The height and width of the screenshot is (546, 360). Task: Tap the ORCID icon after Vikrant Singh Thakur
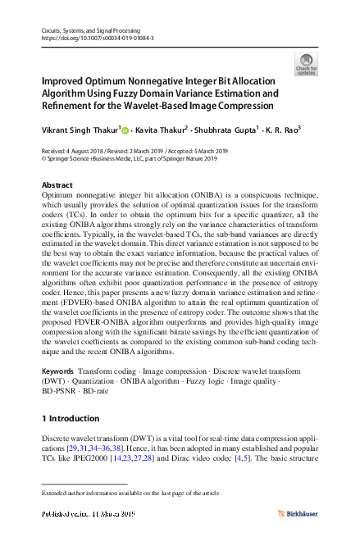(x=128, y=128)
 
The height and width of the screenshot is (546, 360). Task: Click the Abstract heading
(x=57, y=185)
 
